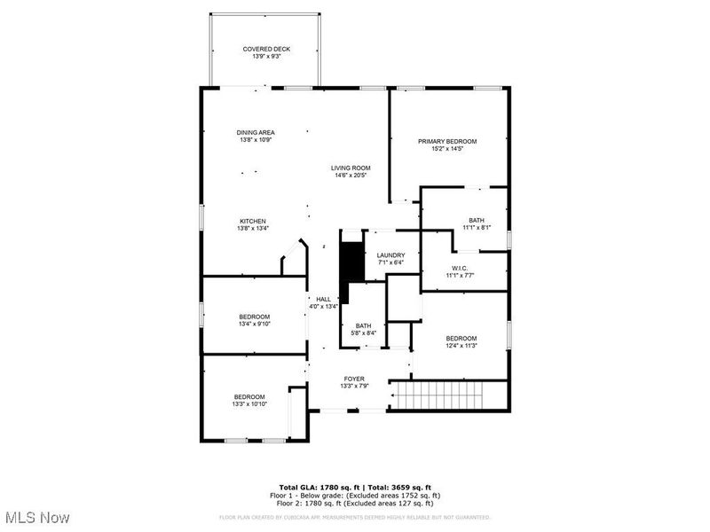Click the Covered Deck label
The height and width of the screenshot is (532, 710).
point(266,49)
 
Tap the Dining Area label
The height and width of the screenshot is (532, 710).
point(255,132)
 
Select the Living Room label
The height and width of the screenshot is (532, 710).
point(351,168)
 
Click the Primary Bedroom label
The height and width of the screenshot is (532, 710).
point(447,141)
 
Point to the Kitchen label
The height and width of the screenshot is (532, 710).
point(252,221)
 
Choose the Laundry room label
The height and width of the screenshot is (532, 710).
point(390,255)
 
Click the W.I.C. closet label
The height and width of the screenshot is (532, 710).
point(460,268)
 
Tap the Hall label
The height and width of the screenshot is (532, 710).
point(323,300)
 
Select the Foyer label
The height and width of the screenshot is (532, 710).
point(354,379)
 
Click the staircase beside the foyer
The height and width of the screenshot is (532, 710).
point(449,395)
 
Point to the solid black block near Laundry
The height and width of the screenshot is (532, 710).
point(352,262)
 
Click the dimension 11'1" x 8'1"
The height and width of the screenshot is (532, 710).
point(477,228)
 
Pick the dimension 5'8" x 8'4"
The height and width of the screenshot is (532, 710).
point(363,332)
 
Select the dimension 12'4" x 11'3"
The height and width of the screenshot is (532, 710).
point(461,346)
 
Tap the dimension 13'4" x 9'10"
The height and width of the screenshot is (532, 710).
point(254,325)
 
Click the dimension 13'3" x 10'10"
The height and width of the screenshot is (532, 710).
point(249,404)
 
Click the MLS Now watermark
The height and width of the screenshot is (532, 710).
point(37,516)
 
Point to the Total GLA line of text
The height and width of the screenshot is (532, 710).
point(355,488)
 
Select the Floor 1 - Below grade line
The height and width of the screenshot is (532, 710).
point(355,496)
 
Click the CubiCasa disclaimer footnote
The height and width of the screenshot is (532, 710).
point(355,517)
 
